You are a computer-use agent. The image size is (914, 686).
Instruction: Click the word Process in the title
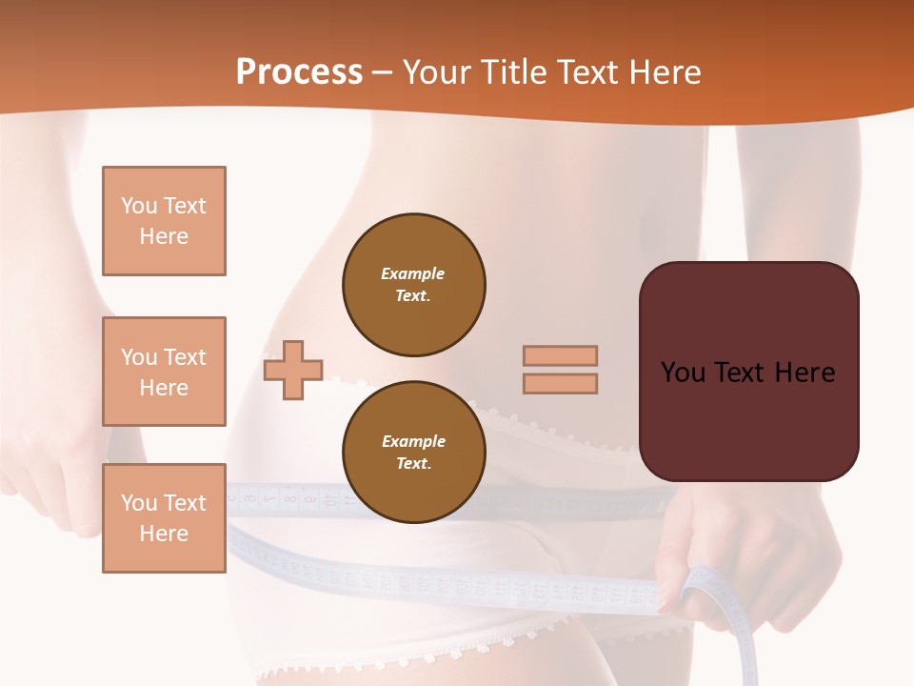(x=299, y=72)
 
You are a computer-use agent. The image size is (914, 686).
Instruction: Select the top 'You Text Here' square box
(x=164, y=221)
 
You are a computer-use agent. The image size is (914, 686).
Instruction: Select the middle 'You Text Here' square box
(x=164, y=372)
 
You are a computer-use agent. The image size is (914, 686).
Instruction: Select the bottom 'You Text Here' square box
(x=164, y=518)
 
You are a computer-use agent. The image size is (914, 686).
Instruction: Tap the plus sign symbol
(x=293, y=370)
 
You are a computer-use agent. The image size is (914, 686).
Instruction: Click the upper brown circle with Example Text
(x=413, y=285)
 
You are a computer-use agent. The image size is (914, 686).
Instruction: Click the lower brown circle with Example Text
(x=413, y=453)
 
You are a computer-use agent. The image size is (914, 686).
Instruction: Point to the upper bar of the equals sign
(x=560, y=355)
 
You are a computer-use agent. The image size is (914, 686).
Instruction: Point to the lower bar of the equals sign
(x=560, y=383)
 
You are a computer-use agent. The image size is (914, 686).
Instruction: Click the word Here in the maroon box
(x=805, y=373)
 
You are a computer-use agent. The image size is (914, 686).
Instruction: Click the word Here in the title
(x=665, y=72)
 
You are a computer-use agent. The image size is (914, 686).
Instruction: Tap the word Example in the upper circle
(x=413, y=273)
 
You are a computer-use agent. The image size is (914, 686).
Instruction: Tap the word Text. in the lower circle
(x=413, y=464)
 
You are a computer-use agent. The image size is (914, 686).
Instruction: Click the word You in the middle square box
(x=138, y=357)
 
